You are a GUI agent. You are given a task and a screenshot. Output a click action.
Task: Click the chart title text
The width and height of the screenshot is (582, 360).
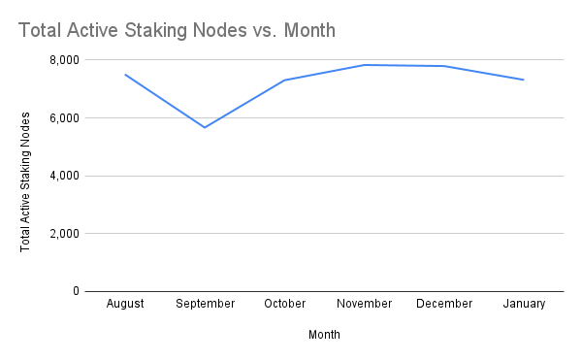tap(177, 30)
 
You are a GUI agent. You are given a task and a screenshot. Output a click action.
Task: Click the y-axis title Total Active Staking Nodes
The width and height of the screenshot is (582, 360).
tap(26, 181)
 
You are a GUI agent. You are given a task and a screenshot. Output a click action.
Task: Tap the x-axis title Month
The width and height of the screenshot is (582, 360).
tap(324, 335)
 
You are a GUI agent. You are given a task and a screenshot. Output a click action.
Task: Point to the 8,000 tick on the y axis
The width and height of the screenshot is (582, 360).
tap(63, 60)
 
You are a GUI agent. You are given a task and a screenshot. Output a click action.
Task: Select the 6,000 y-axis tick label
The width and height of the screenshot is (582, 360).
tap(63, 118)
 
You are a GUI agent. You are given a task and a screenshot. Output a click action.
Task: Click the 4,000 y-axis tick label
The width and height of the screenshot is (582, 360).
tap(63, 176)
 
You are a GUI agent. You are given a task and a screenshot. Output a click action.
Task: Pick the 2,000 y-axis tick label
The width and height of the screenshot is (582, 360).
tap(63, 234)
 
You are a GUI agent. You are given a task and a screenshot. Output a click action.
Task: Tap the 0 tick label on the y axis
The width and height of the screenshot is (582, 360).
tap(75, 291)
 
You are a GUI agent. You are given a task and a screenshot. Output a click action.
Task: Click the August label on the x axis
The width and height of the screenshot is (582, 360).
tap(125, 304)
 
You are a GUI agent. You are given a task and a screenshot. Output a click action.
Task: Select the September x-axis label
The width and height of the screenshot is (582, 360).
tap(205, 304)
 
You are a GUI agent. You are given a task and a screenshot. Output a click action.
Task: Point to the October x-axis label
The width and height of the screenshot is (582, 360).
tap(285, 304)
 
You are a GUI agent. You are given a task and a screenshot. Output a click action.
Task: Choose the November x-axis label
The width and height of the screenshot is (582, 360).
tap(365, 304)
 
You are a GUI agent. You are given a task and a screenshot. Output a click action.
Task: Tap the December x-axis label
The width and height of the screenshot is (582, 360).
tap(444, 304)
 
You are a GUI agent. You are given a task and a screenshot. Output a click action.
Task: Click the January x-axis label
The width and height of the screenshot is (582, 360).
tap(524, 304)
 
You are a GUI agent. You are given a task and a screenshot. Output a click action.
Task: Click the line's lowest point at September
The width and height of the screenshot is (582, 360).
tap(205, 127)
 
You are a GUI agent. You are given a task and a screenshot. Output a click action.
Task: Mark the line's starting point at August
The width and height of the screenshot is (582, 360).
tap(125, 75)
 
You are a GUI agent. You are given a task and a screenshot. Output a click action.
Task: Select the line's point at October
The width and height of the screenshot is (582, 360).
tap(285, 81)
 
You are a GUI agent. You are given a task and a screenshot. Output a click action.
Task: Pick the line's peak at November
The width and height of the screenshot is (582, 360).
tap(365, 65)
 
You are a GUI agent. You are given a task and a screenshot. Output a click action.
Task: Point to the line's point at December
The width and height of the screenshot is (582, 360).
tap(444, 66)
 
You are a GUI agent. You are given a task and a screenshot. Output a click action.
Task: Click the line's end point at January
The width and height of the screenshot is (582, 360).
tap(524, 80)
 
